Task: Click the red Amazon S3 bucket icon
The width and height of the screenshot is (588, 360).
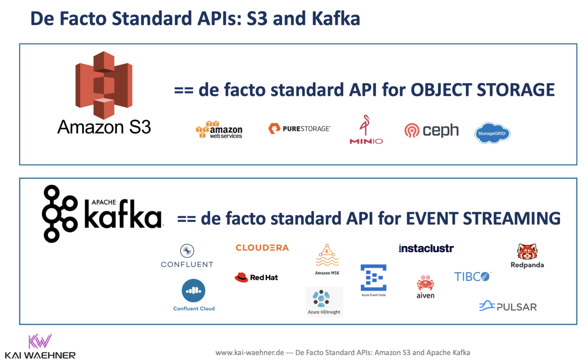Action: (x=104, y=85)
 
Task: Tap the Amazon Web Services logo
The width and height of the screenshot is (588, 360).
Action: (x=219, y=130)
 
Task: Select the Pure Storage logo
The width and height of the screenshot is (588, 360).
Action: (x=299, y=129)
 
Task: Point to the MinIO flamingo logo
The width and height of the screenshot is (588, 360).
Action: (x=366, y=129)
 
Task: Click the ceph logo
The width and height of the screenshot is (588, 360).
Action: (x=431, y=130)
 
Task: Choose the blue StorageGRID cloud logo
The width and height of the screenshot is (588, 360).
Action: (x=492, y=133)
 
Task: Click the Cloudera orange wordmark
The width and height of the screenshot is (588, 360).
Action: (x=262, y=248)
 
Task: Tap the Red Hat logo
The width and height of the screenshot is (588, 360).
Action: (x=256, y=277)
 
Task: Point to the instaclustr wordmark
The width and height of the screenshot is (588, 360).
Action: (x=426, y=248)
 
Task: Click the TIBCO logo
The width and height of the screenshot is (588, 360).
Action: (x=472, y=277)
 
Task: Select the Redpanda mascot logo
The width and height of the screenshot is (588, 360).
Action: (x=527, y=252)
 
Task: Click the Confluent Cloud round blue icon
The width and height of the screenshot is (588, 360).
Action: (x=194, y=291)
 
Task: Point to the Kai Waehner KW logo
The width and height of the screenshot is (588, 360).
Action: (x=40, y=341)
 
